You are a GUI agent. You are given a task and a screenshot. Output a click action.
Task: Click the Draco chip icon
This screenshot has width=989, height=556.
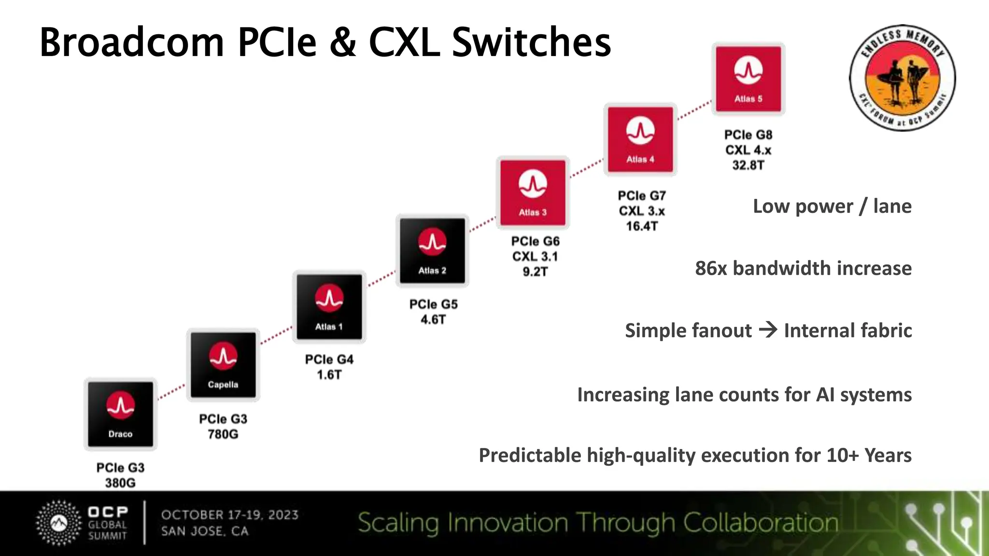tap(120, 414)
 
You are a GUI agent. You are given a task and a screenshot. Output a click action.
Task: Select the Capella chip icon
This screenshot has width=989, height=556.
tap(223, 365)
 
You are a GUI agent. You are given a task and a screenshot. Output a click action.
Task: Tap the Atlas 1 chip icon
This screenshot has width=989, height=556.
tap(329, 307)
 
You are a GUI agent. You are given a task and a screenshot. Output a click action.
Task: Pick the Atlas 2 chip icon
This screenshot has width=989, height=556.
tap(432, 250)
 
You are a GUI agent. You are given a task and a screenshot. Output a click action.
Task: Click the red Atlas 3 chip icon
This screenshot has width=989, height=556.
tap(533, 193)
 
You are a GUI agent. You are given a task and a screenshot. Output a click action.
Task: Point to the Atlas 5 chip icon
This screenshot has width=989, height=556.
tap(748, 79)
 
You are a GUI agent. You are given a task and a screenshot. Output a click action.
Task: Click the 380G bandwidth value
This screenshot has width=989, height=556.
tap(120, 483)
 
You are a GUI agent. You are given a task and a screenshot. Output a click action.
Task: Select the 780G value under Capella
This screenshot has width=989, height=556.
tap(223, 434)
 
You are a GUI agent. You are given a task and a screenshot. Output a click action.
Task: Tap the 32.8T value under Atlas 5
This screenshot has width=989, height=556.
tap(748, 165)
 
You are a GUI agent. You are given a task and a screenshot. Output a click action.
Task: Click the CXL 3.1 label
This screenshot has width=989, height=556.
tap(535, 256)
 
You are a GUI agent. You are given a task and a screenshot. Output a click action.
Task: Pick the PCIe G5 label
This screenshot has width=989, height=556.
tap(433, 304)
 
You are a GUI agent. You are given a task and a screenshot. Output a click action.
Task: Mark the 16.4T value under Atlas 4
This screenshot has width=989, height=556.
tap(642, 226)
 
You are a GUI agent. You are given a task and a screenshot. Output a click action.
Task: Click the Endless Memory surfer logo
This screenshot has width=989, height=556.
tap(902, 78)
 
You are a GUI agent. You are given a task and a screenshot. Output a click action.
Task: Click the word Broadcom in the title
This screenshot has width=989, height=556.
tap(131, 42)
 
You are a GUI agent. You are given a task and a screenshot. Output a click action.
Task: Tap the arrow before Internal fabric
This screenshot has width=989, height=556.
tap(768, 330)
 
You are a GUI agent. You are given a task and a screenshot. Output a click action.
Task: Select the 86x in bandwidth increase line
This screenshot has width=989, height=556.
tap(711, 268)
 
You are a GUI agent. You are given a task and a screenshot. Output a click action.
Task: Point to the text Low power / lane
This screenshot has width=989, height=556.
tap(832, 206)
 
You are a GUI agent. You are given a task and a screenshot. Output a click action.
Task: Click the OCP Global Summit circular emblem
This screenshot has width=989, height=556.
tap(59, 523)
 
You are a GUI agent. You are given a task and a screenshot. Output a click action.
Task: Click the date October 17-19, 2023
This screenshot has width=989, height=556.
tap(230, 514)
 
